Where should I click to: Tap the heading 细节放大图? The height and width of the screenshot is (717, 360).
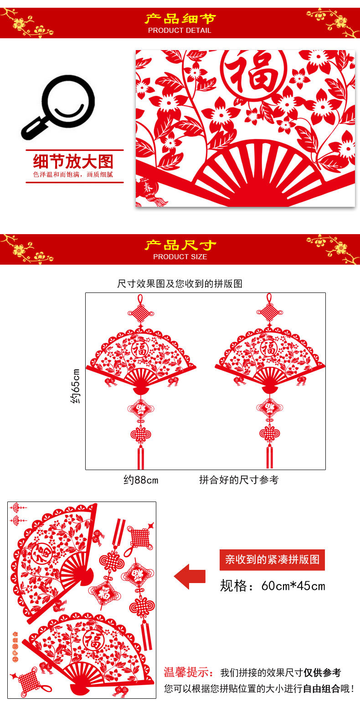click(73, 161)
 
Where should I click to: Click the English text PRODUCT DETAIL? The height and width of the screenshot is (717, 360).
click(180, 31)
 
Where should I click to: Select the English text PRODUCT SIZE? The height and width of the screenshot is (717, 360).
click(180, 257)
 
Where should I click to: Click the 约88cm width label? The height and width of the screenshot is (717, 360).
click(141, 480)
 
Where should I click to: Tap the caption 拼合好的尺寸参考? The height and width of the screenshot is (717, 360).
click(239, 480)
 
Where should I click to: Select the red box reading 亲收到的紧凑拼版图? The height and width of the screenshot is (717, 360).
click(272, 559)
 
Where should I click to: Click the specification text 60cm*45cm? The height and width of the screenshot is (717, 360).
click(293, 586)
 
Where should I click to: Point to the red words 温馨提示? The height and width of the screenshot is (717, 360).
click(189, 672)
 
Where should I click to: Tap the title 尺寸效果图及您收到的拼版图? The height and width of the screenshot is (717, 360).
click(180, 283)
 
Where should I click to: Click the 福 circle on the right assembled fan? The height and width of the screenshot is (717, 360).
click(269, 349)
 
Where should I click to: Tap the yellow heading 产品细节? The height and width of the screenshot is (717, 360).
click(180, 19)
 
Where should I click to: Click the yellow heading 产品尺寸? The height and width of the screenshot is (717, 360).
click(180, 245)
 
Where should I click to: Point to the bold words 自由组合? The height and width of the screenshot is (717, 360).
click(321, 688)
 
